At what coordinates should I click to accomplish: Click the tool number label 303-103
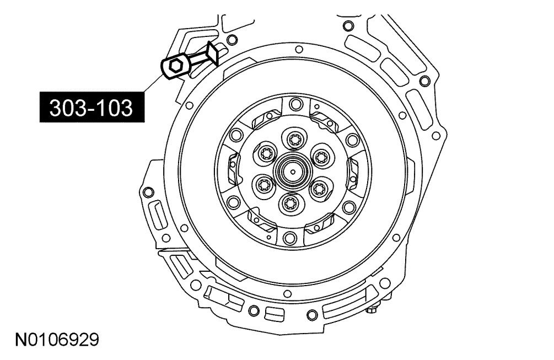(x=92, y=107)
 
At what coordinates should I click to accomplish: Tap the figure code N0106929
(x=57, y=340)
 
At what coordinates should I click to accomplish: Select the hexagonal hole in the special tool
(x=175, y=66)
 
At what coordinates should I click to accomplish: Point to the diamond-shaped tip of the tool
(x=213, y=53)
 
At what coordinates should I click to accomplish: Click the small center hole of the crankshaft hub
(x=293, y=172)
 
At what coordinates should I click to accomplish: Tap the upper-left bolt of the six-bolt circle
(x=265, y=153)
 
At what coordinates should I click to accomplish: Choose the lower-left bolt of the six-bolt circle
(x=263, y=185)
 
